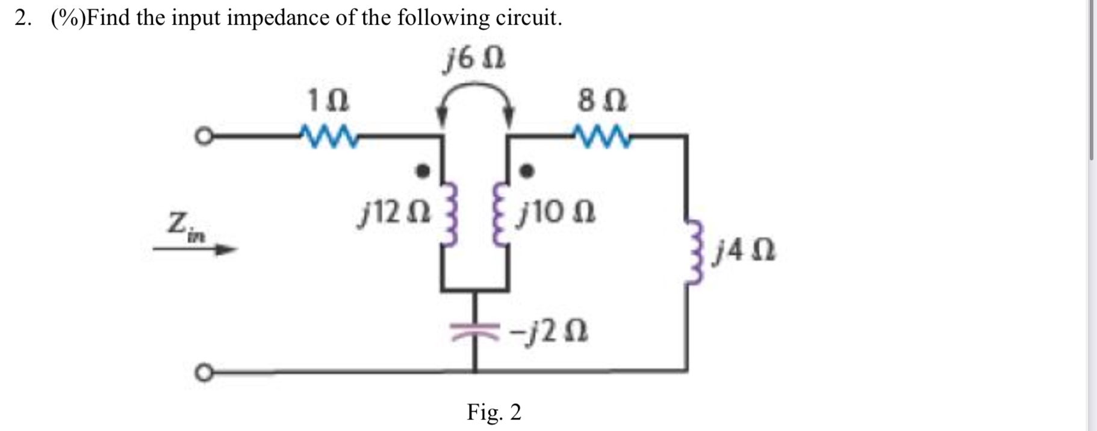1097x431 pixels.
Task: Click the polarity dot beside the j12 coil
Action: (x=424, y=171)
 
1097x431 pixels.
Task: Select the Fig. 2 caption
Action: (x=494, y=412)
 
